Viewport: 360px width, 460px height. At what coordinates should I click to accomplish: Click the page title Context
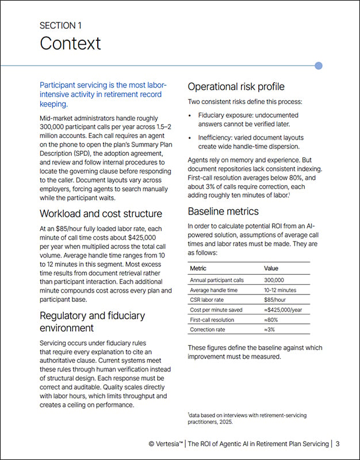70,43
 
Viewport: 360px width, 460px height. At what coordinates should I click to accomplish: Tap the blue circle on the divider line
319,66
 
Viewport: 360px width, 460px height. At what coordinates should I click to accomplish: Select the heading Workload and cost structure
100,213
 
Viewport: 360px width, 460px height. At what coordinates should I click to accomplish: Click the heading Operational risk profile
236,87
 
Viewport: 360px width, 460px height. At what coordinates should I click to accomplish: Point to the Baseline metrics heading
224,212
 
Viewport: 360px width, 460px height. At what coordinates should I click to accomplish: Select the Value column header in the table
271,268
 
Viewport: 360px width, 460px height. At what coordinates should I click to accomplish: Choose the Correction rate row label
208,329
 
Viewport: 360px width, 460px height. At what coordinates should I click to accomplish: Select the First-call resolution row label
212,320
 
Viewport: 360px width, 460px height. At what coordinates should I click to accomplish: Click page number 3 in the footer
338,443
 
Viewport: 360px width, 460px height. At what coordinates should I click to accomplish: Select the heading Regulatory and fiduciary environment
92,321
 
